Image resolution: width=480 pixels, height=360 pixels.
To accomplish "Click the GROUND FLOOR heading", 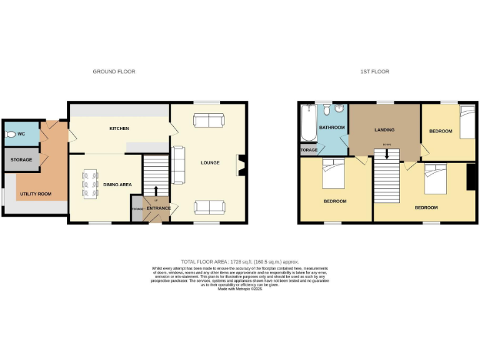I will tap(114, 72).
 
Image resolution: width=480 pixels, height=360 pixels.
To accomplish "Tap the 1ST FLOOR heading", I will tap(374, 72).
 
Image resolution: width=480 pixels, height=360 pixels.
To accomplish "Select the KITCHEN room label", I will tap(119, 129).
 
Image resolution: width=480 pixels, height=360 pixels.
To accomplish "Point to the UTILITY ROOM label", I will tap(36, 194).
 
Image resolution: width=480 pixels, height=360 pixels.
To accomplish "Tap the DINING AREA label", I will tap(117, 185).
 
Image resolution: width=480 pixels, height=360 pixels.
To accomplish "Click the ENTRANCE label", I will tap(158, 208).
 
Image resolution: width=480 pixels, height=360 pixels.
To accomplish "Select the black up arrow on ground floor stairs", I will tap(156, 190).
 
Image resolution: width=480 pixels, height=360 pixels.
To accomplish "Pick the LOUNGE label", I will tap(210, 163).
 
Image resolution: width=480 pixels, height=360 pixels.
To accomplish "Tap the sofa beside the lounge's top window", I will tap(209, 120).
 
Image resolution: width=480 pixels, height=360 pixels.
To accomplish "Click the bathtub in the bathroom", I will tap(307, 124).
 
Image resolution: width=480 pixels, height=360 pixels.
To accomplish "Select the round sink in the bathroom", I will tap(339, 109).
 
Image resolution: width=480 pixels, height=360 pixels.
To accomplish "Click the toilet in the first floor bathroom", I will tap(326, 111).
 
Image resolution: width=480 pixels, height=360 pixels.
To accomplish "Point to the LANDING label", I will tap(384, 130).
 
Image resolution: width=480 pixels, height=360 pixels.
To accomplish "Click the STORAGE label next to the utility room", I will tap(21, 160).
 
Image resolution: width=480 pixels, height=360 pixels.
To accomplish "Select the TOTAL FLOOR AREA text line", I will tap(240, 261).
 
